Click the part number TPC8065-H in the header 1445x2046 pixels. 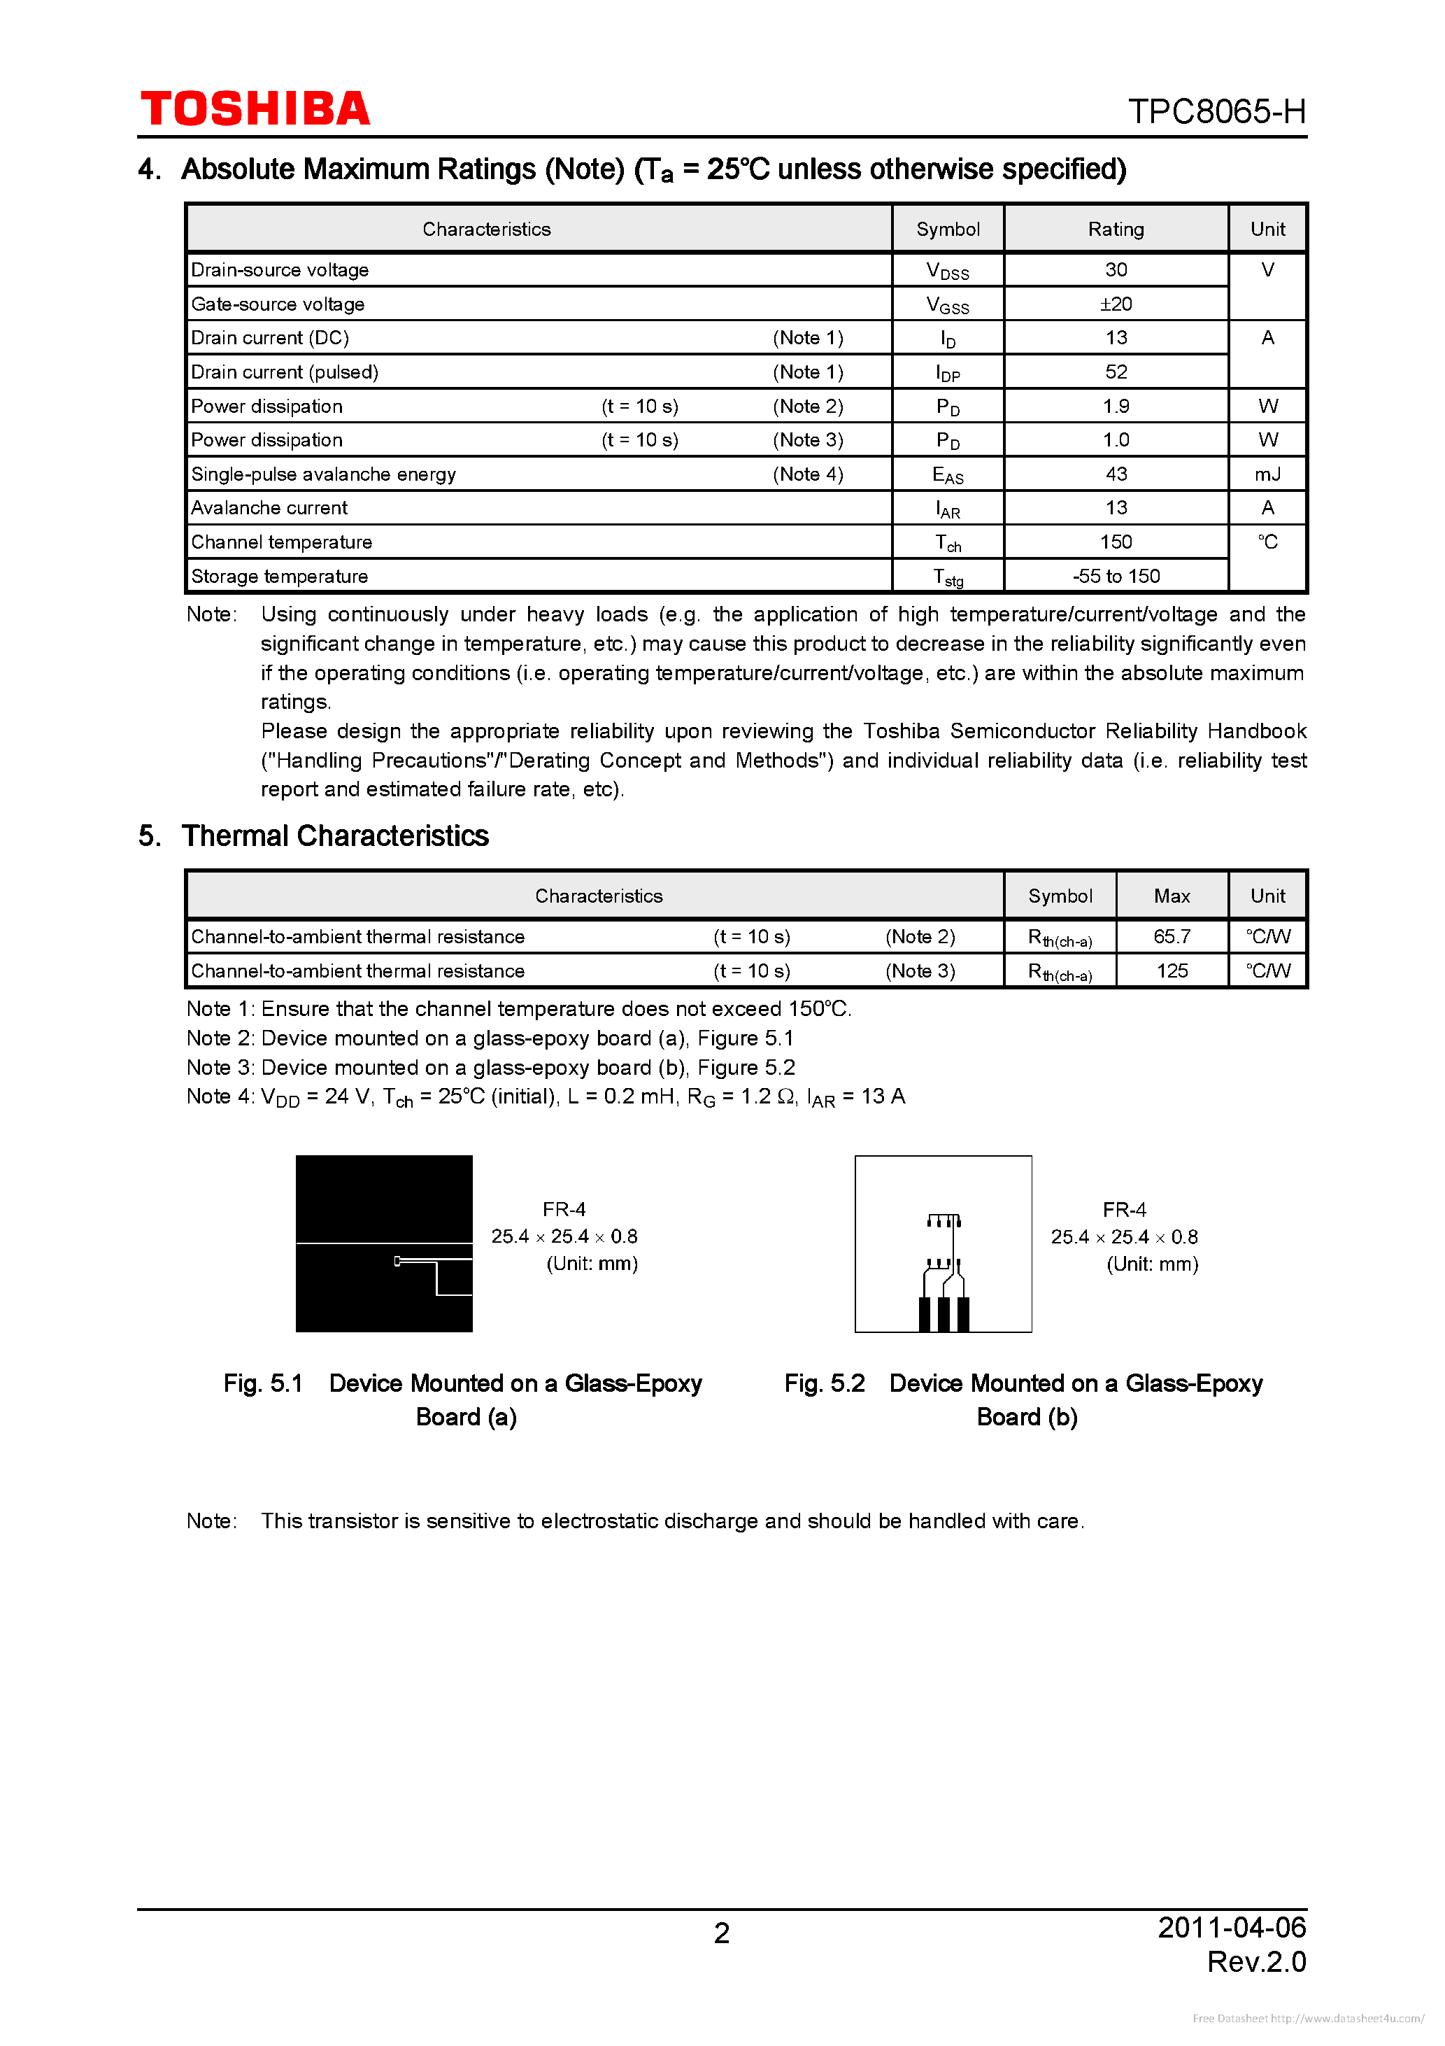tap(1216, 111)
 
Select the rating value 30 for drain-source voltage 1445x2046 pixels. tap(1116, 270)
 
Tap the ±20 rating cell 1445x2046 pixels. tap(1116, 304)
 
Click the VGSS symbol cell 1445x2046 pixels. tap(947, 306)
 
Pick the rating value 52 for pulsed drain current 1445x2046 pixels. tap(1116, 372)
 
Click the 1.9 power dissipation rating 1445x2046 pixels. tap(1116, 407)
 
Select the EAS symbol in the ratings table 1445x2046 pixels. tap(947, 475)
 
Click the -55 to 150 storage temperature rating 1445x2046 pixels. tap(1116, 577)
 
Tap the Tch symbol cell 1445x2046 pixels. tap(947, 543)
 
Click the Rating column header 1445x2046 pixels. tap(1116, 229)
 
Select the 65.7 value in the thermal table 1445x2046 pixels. tap(1172, 936)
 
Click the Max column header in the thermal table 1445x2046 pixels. tap(1172, 896)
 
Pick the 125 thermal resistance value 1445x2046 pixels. tap(1172, 971)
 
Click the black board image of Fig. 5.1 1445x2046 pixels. tap(384, 1243)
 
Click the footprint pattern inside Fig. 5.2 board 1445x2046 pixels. tap(944, 1274)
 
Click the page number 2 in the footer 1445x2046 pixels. tap(722, 1933)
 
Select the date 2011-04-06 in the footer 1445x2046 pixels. tap(1231, 1926)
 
